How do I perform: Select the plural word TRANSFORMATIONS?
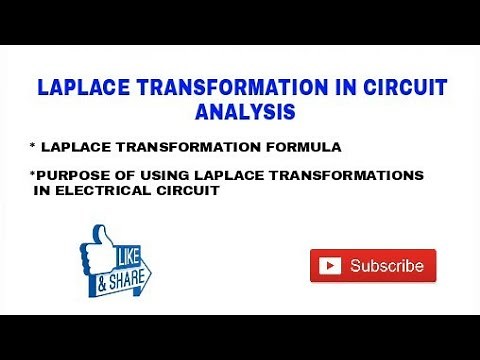[x=336, y=175]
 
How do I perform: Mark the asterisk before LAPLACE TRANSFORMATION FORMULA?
[x=32, y=146]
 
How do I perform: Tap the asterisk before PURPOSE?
[x=32, y=173]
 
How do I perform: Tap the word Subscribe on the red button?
[x=386, y=266]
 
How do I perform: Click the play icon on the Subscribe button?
[x=328, y=266]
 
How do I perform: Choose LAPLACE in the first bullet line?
[x=75, y=147]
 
